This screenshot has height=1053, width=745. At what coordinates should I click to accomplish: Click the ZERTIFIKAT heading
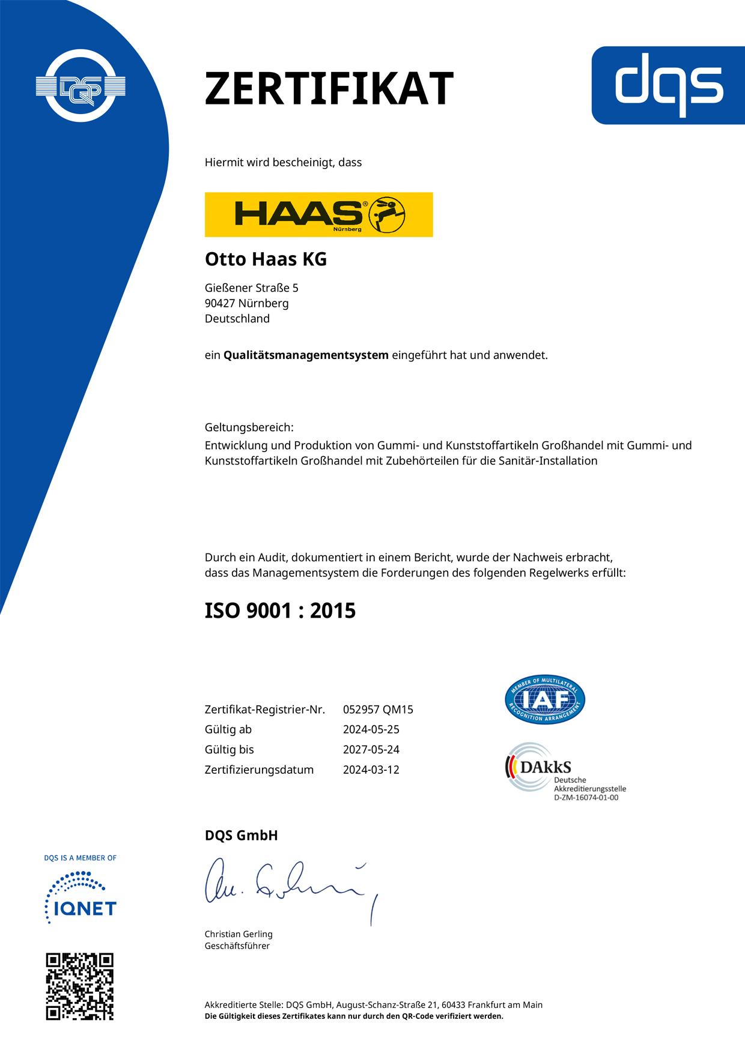(329, 89)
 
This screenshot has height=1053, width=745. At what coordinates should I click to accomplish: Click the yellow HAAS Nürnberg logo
(318, 214)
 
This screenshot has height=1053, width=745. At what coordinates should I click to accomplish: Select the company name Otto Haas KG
(266, 259)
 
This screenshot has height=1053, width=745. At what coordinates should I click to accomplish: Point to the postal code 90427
(220, 303)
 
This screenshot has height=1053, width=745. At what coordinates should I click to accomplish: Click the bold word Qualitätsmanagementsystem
(306, 355)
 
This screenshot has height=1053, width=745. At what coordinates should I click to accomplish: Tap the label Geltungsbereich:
(249, 427)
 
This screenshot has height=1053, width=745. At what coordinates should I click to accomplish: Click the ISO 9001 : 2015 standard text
(280, 611)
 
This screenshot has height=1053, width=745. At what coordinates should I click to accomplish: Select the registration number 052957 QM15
(378, 710)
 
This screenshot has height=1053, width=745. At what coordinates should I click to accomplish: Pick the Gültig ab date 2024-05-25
(371, 729)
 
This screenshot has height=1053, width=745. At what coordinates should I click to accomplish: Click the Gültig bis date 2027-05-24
(371, 749)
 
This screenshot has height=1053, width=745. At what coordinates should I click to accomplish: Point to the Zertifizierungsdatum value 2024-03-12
(371, 770)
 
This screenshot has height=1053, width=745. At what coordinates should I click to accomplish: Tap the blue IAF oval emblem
(544, 699)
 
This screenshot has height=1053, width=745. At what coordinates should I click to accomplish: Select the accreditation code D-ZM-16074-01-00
(586, 798)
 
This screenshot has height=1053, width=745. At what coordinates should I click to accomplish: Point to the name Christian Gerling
(239, 934)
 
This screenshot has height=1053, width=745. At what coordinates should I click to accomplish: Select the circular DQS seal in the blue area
(80, 86)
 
